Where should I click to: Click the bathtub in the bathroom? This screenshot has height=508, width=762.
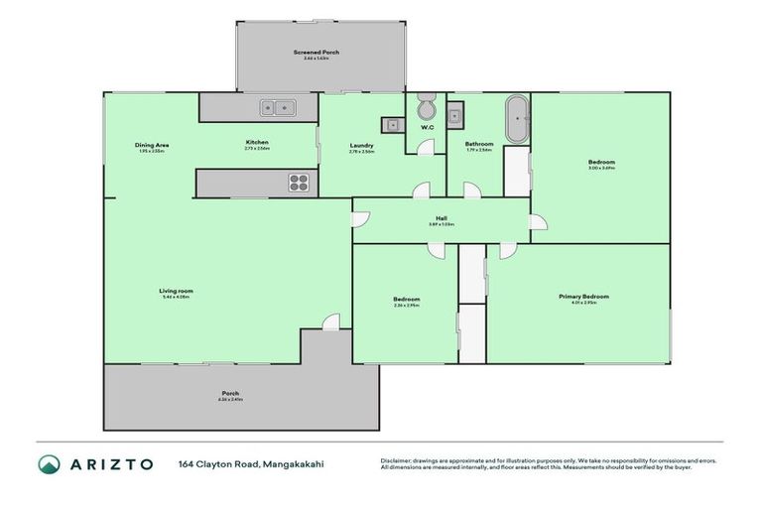coord(517,120)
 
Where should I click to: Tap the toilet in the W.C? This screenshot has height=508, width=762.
coord(427,108)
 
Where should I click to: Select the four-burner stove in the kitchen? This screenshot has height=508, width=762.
coord(299,182)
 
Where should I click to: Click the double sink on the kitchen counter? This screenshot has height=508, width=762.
coord(275,106)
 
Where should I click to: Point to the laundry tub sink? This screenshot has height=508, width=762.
coord(390,125)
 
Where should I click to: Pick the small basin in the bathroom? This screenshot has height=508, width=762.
coord(455,116)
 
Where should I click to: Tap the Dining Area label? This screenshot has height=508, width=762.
coord(152,146)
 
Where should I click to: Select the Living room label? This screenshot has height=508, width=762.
coord(175,291)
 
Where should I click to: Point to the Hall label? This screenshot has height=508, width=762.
coord(440,221)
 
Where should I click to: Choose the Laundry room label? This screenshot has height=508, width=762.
coord(361,146)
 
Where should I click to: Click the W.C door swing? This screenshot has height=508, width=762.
coord(424,147)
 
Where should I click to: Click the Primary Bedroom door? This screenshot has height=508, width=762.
coord(506,251)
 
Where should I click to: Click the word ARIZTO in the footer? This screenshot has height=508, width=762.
coord(111,464)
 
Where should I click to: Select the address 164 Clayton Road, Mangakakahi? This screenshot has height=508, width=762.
coord(251,464)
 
